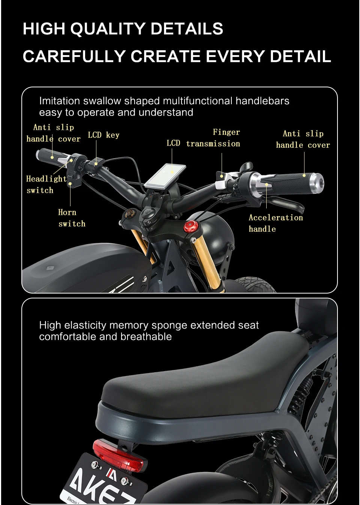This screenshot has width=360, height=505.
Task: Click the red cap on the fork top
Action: [189, 226]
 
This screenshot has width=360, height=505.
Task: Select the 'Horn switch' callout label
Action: [72, 218]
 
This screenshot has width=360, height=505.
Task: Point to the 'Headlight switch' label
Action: [46, 184]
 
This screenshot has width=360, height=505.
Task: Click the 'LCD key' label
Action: [103, 135]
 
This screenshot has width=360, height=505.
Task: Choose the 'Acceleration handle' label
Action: [275, 223]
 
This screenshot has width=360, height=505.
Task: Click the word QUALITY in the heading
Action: [110, 29]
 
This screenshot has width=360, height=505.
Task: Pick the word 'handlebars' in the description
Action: [262, 101]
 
